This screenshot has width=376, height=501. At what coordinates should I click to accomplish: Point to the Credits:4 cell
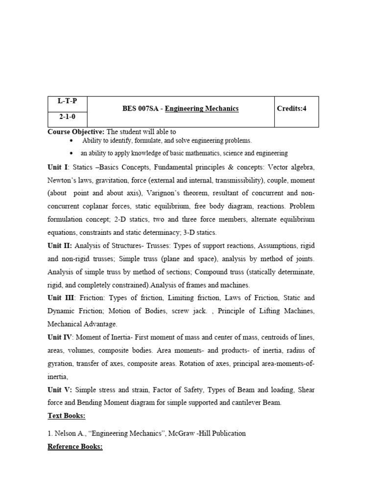click(291, 109)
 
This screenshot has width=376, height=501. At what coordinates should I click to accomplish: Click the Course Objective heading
click(75, 132)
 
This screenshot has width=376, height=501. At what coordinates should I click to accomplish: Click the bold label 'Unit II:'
click(60, 245)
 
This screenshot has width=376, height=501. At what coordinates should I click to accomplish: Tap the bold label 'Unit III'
click(61, 297)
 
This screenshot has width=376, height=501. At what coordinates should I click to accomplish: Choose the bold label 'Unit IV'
click(60, 337)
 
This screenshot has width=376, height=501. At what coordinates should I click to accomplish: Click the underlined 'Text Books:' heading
click(66, 416)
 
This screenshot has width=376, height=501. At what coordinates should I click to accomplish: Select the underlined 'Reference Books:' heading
click(75, 447)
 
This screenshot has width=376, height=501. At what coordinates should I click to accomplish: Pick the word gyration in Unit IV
click(60, 364)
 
